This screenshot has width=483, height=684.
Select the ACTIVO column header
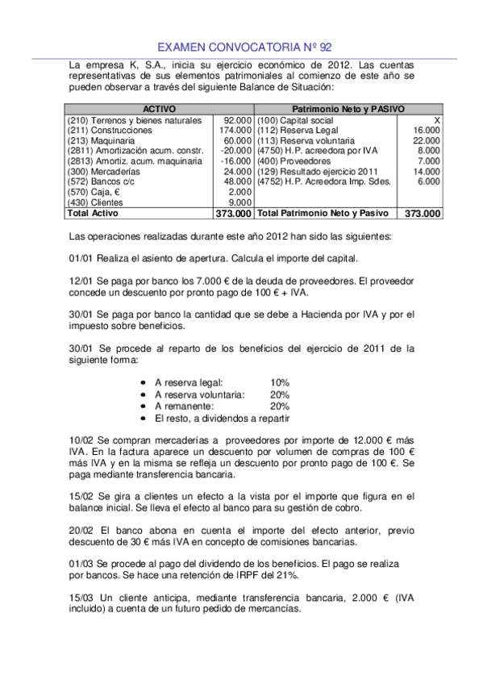(x=159, y=109)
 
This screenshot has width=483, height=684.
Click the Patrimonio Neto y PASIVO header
(x=348, y=109)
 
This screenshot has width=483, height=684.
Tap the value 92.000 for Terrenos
(x=238, y=119)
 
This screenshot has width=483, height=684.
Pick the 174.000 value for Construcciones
(x=235, y=130)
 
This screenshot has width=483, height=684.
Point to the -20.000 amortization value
(x=235, y=151)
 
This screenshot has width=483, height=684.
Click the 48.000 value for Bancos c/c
(x=238, y=182)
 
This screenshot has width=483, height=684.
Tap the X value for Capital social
(x=436, y=119)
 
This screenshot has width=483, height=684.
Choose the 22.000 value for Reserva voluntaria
(x=426, y=140)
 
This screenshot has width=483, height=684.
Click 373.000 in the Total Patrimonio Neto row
(x=423, y=215)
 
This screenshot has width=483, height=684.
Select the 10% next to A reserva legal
(x=280, y=382)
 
